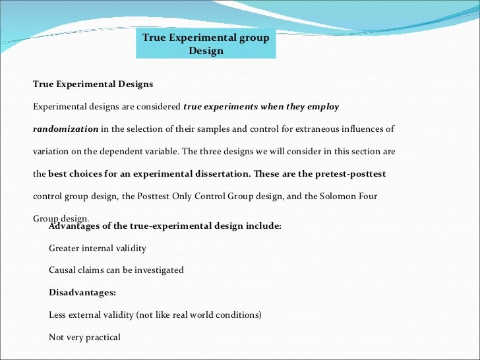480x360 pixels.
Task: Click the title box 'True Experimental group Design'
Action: (x=206, y=44)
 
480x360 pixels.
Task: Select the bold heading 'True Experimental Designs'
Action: (x=93, y=84)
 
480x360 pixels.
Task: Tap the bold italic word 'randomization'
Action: (x=66, y=129)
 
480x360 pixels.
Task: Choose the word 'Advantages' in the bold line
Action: (x=74, y=226)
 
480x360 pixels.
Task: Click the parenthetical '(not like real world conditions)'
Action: (x=198, y=315)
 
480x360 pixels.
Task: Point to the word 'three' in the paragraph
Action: (x=207, y=151)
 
